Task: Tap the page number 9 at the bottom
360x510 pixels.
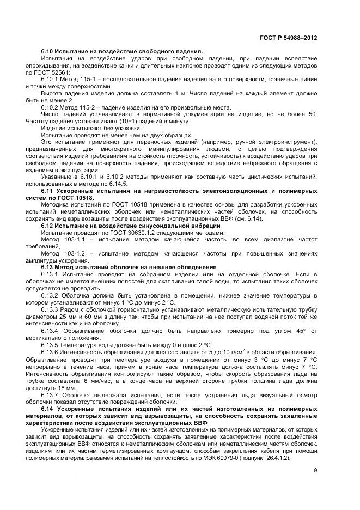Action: (315, 471)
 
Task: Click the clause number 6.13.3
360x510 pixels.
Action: (51, 309)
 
